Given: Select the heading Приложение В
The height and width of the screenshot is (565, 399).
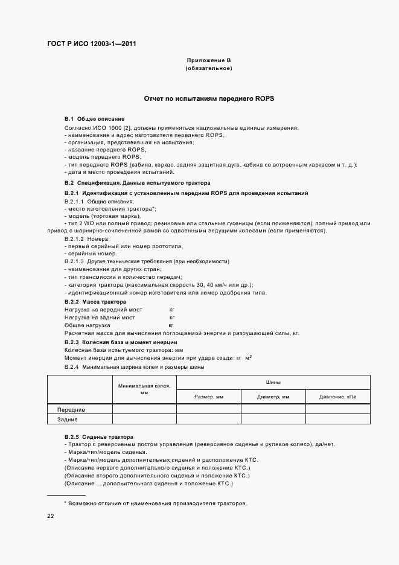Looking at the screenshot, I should [209, 61].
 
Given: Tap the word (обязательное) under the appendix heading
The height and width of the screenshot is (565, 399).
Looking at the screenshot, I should [209, 69].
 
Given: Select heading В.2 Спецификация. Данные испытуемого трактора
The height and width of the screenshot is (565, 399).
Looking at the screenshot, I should [137, 182].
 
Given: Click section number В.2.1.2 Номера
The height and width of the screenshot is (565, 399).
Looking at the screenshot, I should [87, 240].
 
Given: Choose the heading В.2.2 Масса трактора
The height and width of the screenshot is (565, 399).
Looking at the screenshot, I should [95, 301].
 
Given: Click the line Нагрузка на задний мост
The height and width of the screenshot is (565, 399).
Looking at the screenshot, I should [100, 317].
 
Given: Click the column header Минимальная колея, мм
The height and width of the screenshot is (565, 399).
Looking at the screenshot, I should [144, 389].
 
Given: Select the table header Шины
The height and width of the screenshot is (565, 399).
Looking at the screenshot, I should [273, 382].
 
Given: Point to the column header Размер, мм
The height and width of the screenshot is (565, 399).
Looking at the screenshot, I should [209, 397].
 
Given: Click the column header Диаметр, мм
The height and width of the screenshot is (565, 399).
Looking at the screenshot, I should [273, 397].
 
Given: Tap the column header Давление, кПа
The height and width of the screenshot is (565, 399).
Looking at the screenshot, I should [337, 397].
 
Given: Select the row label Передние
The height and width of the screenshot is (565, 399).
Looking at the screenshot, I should [71, 409].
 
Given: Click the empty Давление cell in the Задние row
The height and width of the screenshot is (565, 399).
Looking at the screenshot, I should [337, 419].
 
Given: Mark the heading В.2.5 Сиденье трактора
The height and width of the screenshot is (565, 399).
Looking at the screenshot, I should [99, 436].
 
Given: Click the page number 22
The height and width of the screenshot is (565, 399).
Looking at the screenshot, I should [51, 516].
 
